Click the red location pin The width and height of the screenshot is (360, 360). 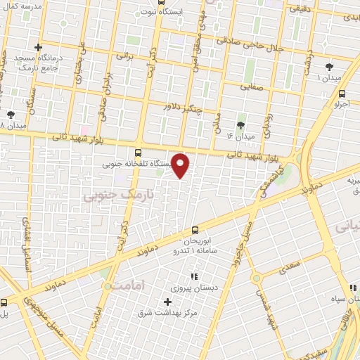(x=181, y=165)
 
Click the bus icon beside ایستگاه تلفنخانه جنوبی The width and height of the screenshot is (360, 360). (x=137, y=151)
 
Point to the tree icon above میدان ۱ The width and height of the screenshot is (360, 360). (x=328, y=67)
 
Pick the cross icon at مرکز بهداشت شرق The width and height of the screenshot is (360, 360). (x=167, y=301)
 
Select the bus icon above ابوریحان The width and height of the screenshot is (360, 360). (x=195, y=229)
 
